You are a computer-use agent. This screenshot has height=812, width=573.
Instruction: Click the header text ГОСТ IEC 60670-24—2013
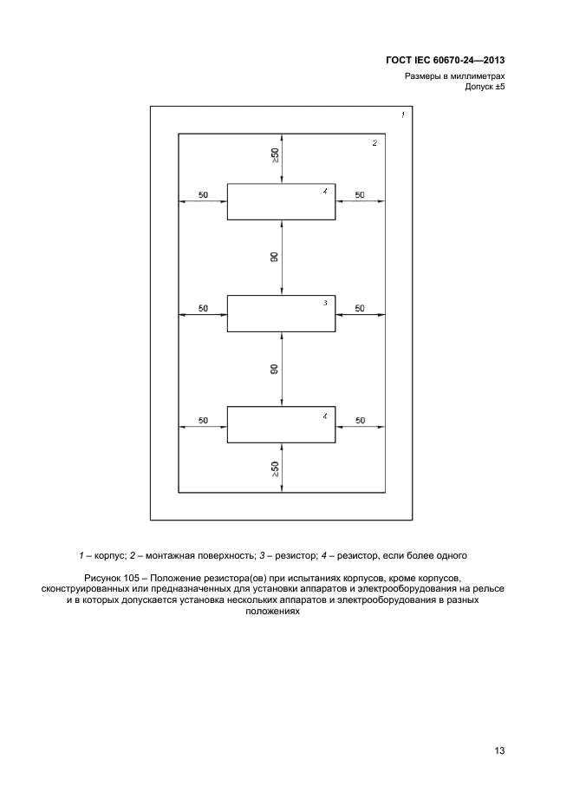(x=446, y=61)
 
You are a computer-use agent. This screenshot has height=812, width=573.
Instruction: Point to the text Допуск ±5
(x=484, y=88)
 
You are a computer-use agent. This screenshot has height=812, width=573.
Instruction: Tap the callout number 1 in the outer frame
(x=402, y=115)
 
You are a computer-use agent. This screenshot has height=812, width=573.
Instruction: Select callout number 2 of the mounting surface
(x=374, y=143)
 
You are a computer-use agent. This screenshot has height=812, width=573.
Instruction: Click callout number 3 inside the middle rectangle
(x=325, y=303)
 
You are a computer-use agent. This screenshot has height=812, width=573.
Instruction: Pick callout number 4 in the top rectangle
(x=325, y=191)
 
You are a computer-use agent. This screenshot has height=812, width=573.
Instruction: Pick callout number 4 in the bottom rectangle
(x=325, y=416)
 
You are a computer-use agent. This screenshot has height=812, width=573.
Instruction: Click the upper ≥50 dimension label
(x=275, y=156)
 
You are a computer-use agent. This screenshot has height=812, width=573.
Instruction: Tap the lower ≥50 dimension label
(x=275, y=470)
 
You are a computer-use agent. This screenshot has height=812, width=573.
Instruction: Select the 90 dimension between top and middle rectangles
(x=275, y=257)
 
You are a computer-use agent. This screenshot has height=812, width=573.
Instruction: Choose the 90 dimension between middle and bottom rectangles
(x=275, y=369)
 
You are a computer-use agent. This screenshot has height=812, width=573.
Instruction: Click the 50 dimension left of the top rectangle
(x=203, y=195)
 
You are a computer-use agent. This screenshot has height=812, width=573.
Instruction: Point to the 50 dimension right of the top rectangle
(x=360, y=195)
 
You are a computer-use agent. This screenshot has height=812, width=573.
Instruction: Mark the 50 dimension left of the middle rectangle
(x=203, y=308)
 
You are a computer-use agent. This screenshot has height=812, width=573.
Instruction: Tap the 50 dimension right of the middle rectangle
(x=360, y=308)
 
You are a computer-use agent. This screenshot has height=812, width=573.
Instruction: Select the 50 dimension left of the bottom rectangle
(x=203, y=420)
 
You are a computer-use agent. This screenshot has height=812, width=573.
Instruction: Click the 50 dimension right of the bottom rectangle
(x=360, y=420)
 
